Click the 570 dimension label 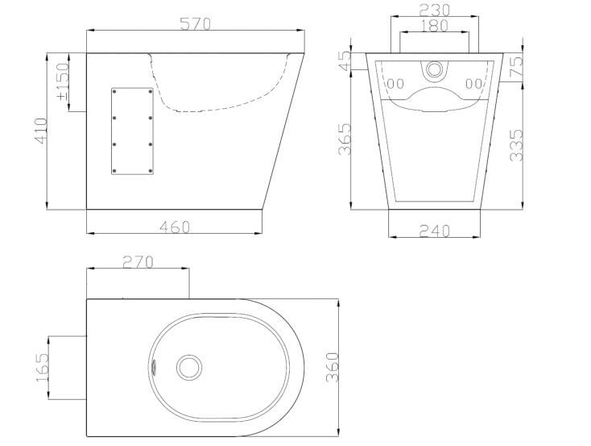196,24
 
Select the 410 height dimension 40,131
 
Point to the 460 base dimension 174,227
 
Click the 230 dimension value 436,10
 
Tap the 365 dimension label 344,140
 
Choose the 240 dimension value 436,230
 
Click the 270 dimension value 138,262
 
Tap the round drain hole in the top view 190,367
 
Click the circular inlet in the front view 436,69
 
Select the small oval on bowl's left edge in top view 155,365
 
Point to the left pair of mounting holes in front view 395,83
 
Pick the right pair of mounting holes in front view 476,83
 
